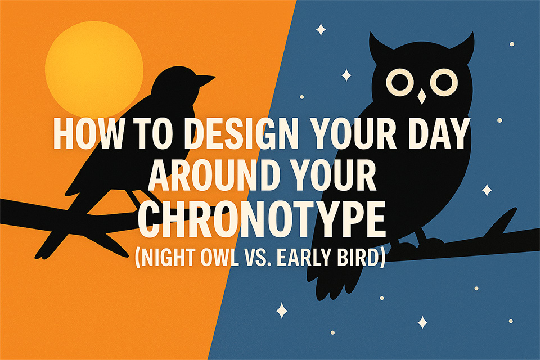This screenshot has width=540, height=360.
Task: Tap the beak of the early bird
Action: tap(206, 79)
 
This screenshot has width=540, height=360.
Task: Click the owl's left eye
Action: tap(399, 82)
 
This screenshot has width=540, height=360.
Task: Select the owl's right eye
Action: tap(444, 82)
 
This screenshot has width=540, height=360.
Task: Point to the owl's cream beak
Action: tap(421, 96)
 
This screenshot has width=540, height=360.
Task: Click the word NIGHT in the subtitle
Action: tap(165, 257)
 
